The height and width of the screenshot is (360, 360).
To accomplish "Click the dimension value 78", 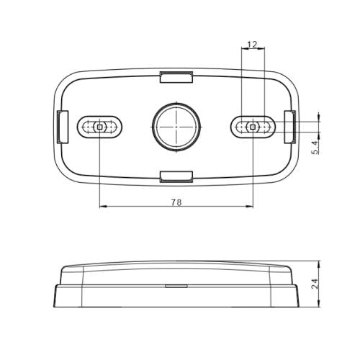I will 176,202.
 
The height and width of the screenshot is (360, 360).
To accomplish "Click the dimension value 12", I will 252,45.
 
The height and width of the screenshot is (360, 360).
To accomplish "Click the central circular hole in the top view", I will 174,126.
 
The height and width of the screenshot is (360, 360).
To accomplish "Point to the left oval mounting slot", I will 100,127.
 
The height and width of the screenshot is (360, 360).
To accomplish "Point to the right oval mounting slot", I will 253,127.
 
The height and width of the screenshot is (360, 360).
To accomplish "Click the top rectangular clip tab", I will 176,76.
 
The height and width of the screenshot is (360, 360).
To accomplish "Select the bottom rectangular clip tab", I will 176,175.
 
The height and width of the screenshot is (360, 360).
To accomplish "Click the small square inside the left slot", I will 100,127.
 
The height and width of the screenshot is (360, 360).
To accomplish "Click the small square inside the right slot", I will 253,127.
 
